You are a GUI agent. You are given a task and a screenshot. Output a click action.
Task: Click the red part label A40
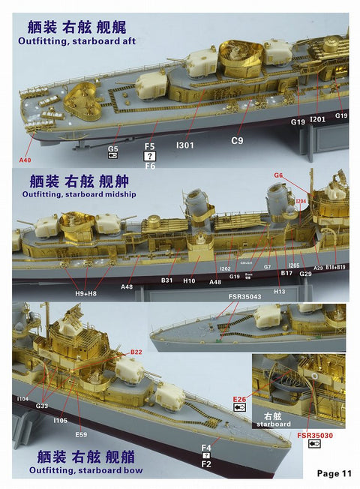click(x=25, y=160)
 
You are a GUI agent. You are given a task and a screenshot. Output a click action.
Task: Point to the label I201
click(x=317, y=119)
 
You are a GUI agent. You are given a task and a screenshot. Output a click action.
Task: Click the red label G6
click(x=278, y=175)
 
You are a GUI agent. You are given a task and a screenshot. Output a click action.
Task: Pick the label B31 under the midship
click(x=166, y=281)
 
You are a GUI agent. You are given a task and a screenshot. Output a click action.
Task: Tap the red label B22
click(x=136, y=351)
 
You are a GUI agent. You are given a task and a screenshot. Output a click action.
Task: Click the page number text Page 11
click(x=334, y=472)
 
